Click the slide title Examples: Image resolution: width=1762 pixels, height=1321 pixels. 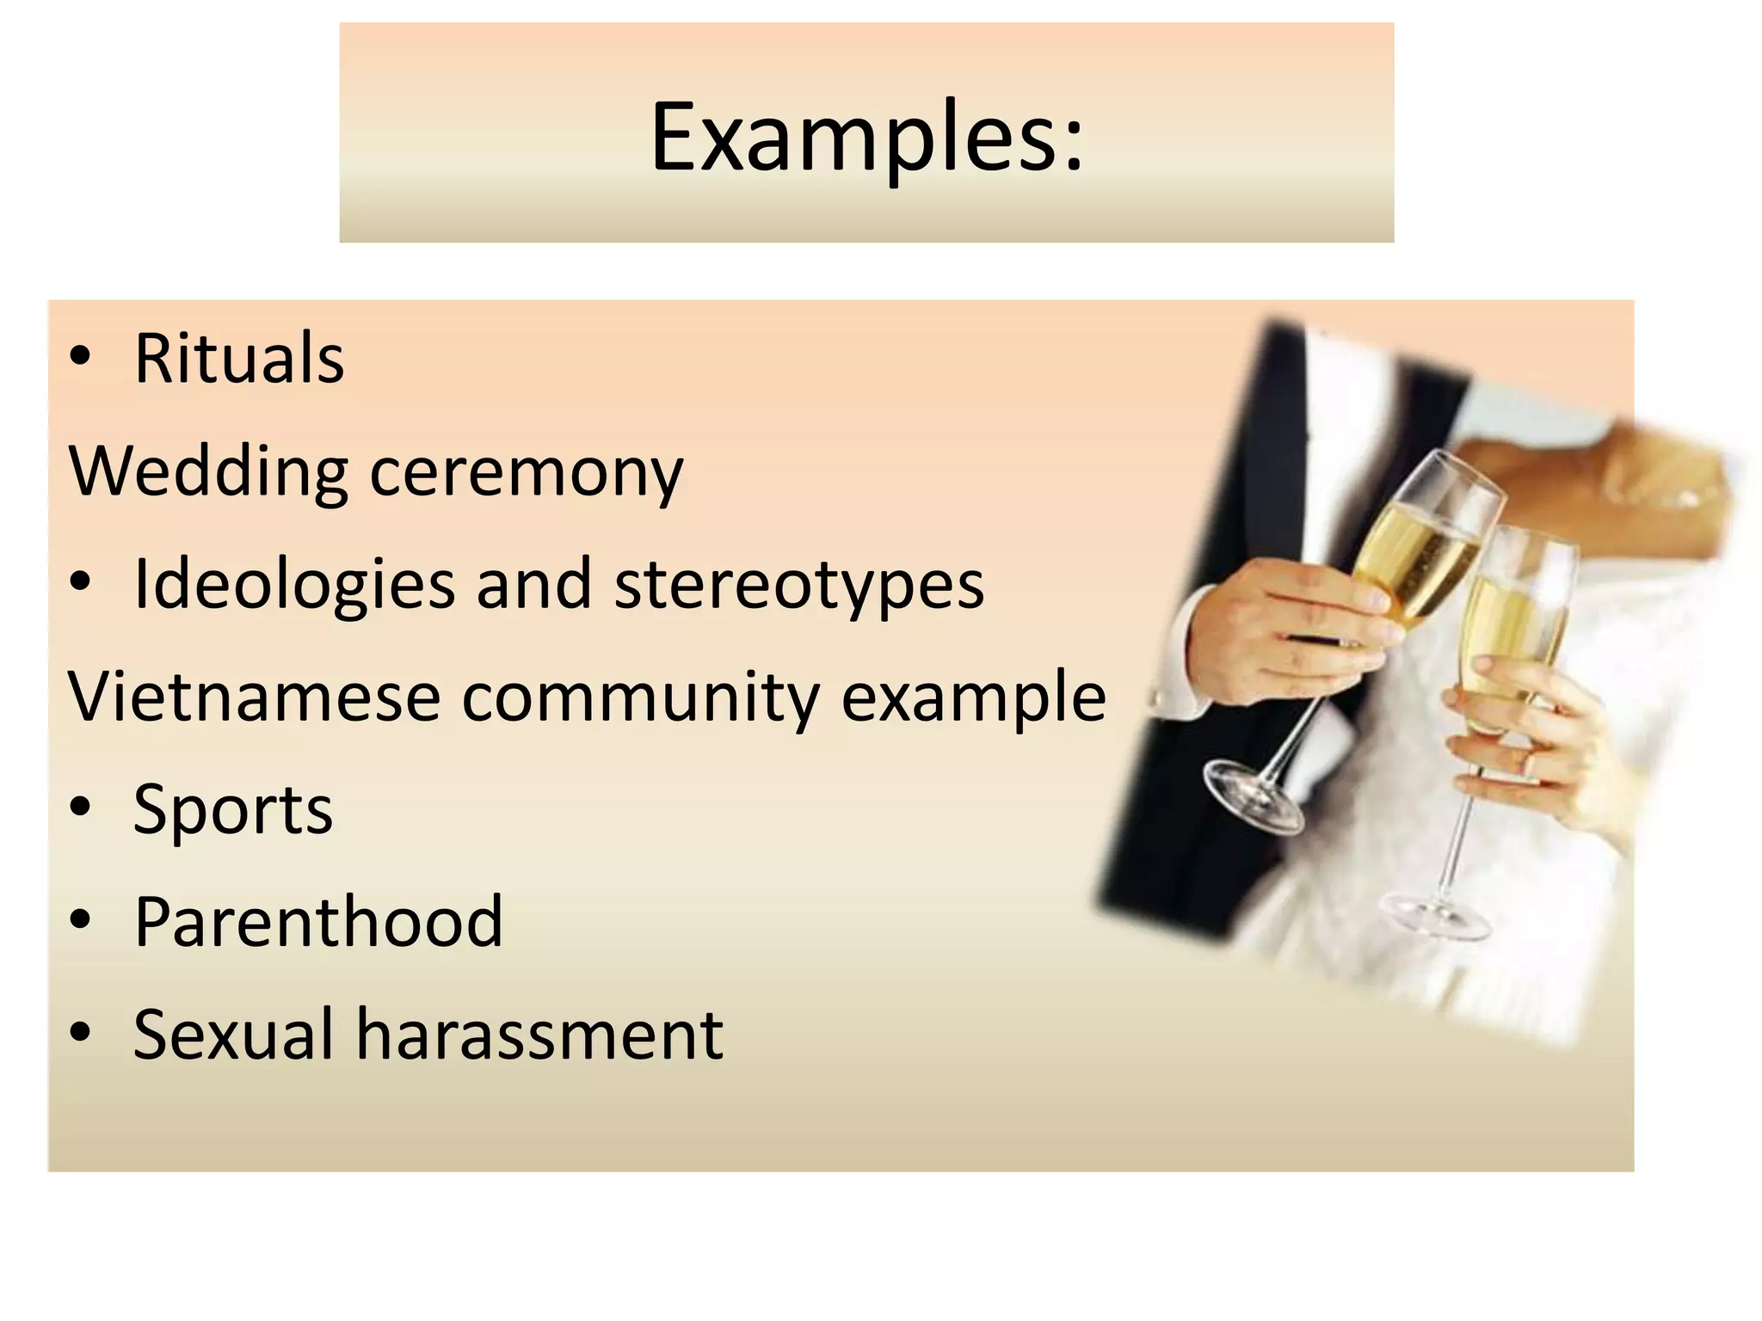[866, 138]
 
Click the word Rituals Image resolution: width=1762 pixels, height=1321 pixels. [239, 359]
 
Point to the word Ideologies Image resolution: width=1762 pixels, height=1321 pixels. [294, 584]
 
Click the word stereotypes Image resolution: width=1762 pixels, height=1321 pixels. [799, 584]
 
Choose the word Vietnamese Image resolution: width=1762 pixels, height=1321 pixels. [255, 697]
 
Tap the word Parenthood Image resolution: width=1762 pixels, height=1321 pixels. [318, 921]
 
